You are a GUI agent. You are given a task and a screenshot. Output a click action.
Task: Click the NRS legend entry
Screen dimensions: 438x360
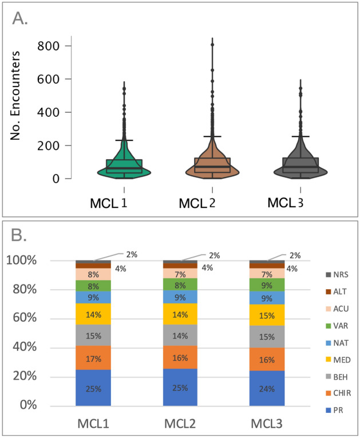tap(330, 274)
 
